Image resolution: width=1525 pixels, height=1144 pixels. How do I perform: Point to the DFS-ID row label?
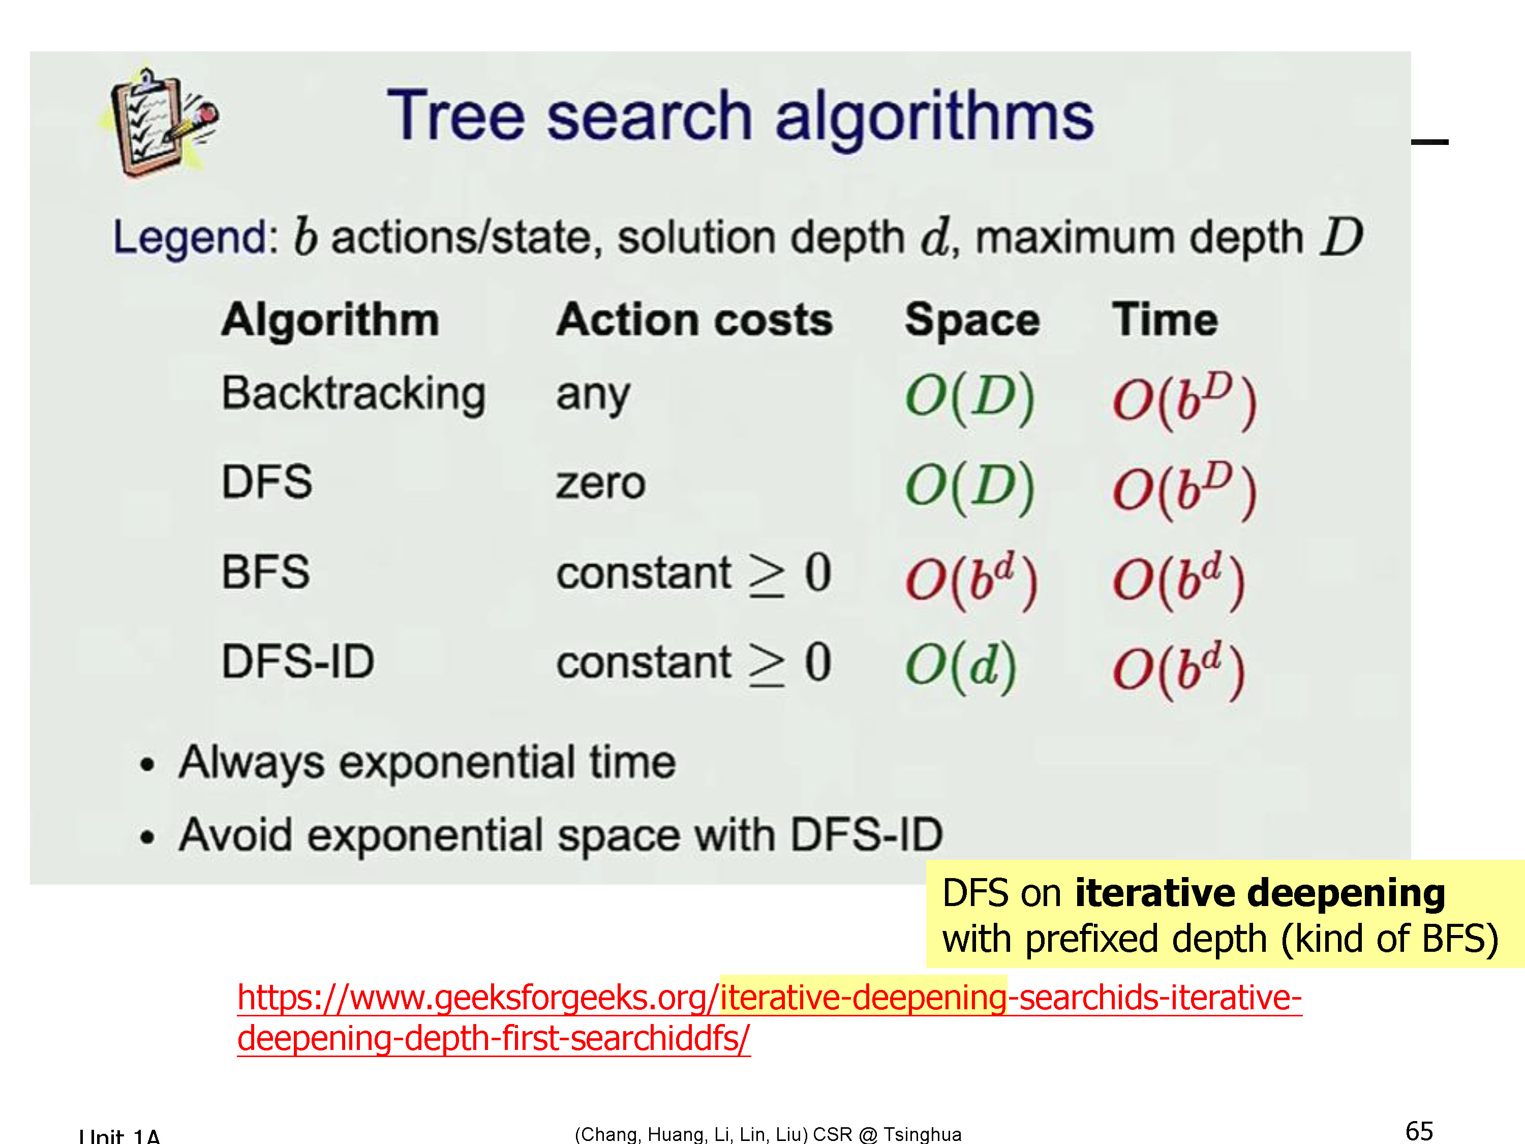click(298, 661)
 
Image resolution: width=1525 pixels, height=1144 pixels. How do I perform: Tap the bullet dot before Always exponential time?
click(147, 765)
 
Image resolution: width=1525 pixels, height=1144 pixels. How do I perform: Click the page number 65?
click(1419, 1131)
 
